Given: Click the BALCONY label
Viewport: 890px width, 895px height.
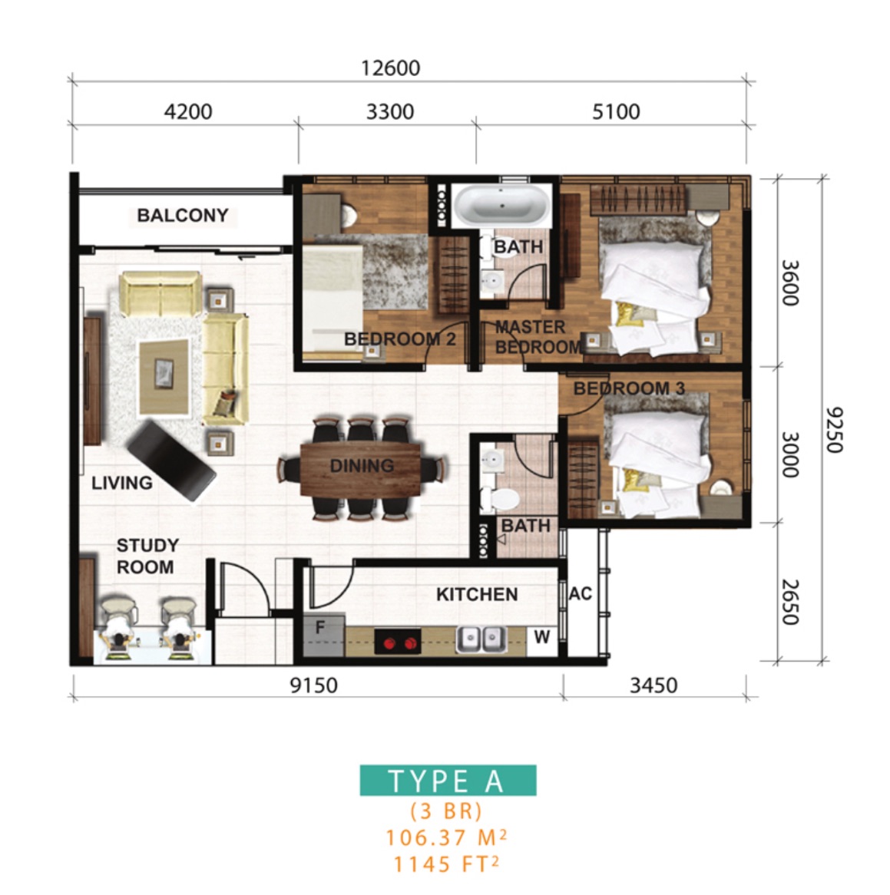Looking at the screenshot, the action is pyautogui.click(x=183, y=215).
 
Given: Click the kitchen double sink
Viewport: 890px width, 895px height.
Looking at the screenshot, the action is pyautogui.click(x=481, y=639).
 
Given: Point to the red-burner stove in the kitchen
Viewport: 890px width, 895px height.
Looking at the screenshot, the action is pyautogui.click(x=398, y=642).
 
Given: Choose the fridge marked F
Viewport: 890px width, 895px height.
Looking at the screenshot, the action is pyautogui.click(x=324, y=635).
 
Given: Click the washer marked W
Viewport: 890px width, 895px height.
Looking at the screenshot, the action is pyautogui.click(x=542, y=637).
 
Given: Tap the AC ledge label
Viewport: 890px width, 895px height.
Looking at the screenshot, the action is pyautogui.click(x=580, y=594).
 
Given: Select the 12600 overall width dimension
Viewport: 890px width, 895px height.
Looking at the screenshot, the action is pyautogui.click(x=391, y=68).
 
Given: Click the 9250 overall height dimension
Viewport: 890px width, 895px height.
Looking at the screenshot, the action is pyautogui.click(x=834, y=430).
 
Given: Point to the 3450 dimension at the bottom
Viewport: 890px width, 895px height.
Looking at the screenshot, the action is pyautogui.click(x=653, y=685).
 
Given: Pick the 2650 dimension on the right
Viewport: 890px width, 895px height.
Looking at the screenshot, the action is pyautogui.click(x=789, y=603).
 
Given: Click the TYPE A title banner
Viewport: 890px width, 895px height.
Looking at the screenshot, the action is pyautogui.click(x=448, y=781).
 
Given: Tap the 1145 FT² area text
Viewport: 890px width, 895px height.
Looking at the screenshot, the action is pyautogui.click(x=446, y=864).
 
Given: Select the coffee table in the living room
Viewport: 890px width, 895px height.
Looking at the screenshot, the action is pyautogui.click(x=164, y=377).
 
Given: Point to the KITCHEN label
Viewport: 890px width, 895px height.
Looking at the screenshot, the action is pyautogui.click(x=477, y=595).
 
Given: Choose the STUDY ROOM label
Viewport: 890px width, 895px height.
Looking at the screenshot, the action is pyautogui.click(x=147, y=556).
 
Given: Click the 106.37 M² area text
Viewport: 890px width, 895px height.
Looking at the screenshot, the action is pyautogui.click(x=446, y=838).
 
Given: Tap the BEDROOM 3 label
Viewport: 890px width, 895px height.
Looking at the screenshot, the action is pyautogui.click(x=629, y=388).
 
